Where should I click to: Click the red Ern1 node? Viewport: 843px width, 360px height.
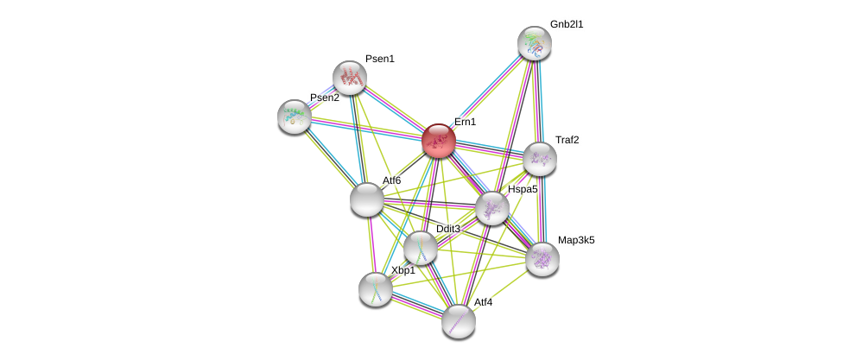point(439,141)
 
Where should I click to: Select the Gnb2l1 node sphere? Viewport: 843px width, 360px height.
point(535,43)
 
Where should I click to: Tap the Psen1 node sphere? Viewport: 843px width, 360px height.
point(350,78)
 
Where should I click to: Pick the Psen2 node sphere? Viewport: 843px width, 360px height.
point(295,117)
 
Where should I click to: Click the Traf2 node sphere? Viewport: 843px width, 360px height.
point(540,159)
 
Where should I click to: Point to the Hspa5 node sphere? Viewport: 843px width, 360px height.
point(492,208)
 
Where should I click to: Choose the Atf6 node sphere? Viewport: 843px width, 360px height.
point(367,199)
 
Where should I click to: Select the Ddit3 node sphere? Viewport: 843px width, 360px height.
point(421,248)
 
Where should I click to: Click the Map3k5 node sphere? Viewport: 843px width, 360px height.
point(542,258)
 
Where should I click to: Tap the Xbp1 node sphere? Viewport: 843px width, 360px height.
point(376,289)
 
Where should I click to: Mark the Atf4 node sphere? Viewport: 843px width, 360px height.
point(459,321)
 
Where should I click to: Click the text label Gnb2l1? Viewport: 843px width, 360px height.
point(567,24)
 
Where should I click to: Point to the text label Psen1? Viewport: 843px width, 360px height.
point(379,59)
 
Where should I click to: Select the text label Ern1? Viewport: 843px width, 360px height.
point(465,122)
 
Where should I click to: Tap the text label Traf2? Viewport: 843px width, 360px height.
point(567,140)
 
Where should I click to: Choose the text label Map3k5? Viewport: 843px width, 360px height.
point(576,240)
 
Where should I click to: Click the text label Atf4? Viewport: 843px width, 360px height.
point(483,302)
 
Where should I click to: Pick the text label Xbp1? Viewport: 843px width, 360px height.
point(402,270)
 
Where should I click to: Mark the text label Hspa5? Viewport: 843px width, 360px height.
point(523,189)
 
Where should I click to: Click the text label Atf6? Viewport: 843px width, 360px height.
point(391,180)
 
